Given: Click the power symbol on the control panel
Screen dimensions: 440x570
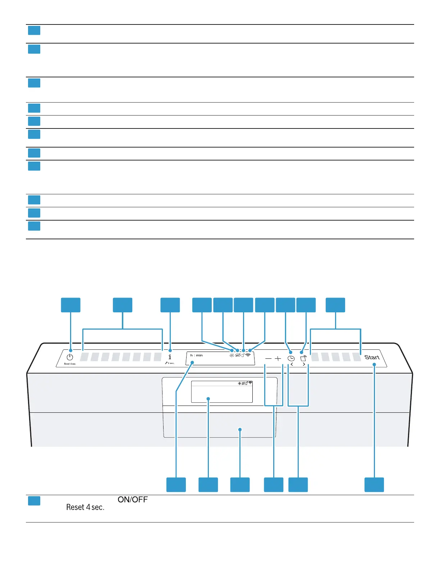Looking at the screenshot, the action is coord(70,357).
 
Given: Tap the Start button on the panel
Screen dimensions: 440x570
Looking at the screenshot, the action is coord(372,357).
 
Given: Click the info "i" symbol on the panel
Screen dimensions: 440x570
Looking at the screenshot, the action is coord(170,357).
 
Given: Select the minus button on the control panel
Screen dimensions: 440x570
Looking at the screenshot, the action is coord(268,359).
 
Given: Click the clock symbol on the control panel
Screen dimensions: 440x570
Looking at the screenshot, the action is coord(291,358).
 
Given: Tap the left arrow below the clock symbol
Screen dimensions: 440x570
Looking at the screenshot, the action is coord(292,365).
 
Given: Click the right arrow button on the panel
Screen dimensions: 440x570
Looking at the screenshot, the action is coord(304,365).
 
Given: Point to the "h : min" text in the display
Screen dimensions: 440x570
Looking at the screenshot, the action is coord(197,356).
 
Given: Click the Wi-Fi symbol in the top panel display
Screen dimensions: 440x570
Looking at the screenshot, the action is coord(248,355).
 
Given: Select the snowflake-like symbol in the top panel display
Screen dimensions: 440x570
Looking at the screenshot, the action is coord(232,355).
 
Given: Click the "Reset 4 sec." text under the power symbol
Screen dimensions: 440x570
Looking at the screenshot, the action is coord(70,364).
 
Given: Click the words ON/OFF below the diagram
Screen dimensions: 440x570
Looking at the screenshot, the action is coord(133,499).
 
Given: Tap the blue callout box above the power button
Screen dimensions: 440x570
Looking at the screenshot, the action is coord(70,305).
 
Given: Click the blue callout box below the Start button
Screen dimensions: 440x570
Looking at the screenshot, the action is coord(374,484).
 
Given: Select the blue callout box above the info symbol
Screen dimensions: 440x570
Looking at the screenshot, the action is coord(170,305).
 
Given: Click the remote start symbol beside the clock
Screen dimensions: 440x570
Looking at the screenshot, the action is coord(304,358).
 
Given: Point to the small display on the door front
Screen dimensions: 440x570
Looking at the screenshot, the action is coord(222,392).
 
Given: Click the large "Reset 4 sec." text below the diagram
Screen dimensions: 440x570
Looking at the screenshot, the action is coord(85,507).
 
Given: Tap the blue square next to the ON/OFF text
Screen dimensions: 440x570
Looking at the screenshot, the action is coord(34,501).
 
